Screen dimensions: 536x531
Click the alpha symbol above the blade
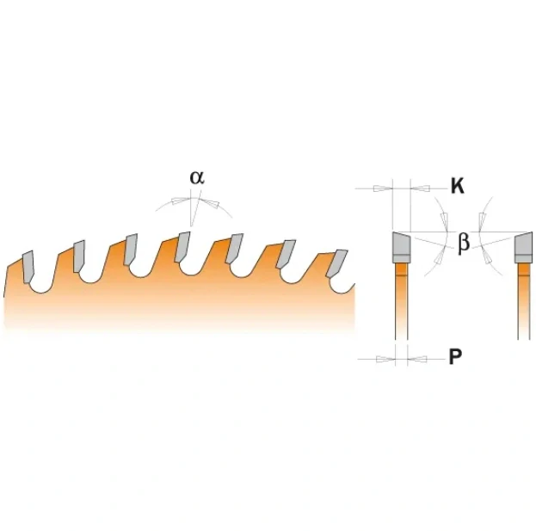[197, 177]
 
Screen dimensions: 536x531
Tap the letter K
[458, 187]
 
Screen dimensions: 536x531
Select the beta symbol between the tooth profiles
[464, 243]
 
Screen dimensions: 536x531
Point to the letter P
[455, 357]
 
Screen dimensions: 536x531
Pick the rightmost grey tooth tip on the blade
[336, 262]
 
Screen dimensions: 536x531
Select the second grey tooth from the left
[79, 256]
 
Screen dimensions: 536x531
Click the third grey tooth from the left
[131, 250]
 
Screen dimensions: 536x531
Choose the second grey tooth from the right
[286, 254]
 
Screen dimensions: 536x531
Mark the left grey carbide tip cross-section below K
[401, 247]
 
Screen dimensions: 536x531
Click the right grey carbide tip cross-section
[524, 247]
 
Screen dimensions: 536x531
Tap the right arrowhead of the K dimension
[420, 188]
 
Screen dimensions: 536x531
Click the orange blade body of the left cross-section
[401, 301]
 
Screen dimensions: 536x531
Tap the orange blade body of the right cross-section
[524, 301]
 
